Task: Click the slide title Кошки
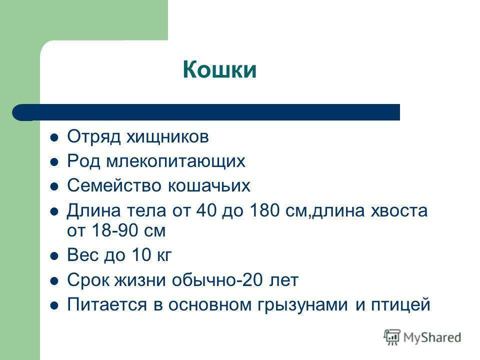[x=219, y=70]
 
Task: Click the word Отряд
[x=93, y=137]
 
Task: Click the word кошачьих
[x=209, y=185]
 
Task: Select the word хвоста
[x=399, y=211]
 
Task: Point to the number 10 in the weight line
[x=141, y=254]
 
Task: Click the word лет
[x=283, y=280]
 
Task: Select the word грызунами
[x=302, y=305]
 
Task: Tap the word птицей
[x=400, y=305]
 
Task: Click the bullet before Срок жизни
[x=54, y=281]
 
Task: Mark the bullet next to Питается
[x=54, y=305]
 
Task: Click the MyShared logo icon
[x=392, y=337]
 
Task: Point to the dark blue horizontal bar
[x=206, y=112]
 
